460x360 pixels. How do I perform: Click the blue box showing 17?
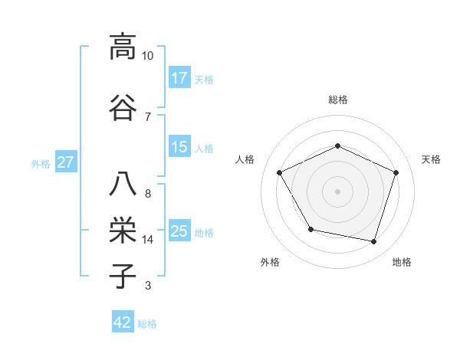[179, 78]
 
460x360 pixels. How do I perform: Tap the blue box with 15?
[179, 147]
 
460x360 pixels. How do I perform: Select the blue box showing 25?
[179, 231]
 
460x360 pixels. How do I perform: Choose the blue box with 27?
[65, 162]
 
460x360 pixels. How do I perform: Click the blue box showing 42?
[123, 322]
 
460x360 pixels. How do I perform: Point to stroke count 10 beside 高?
[148, 57]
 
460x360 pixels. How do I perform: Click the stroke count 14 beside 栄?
[148, 240]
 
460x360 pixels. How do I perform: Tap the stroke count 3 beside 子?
[147, 286]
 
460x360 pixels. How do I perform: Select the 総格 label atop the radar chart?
[337, 100]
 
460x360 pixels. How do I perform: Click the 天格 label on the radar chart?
[431, 159]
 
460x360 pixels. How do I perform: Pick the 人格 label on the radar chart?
[245, 159]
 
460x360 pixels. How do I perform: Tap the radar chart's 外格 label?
[270, 262]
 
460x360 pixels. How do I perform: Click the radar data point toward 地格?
[374, 242]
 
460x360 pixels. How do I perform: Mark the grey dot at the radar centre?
[337, 191]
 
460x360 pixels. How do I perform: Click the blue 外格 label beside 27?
[41, 163]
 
